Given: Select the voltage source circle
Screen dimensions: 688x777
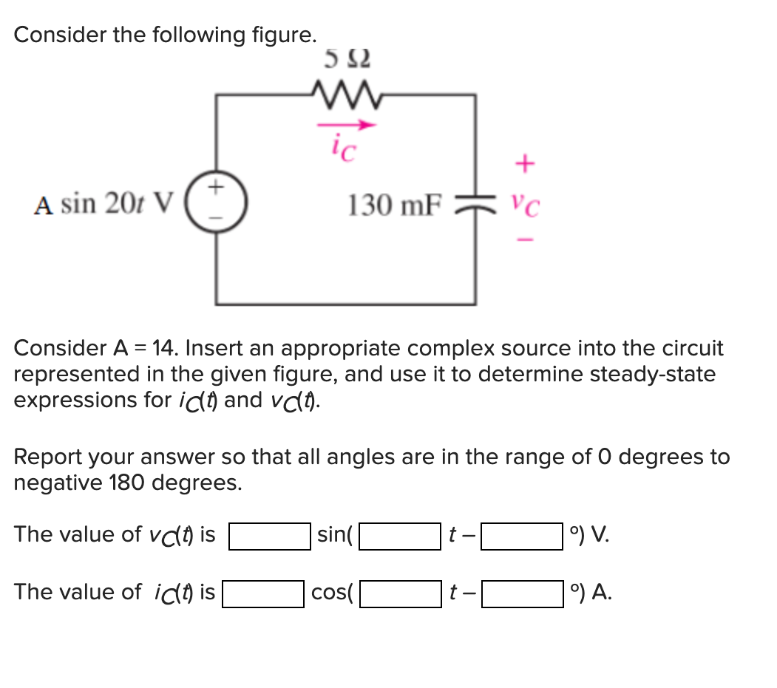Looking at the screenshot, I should click(217, 200).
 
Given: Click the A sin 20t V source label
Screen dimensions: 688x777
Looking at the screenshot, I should click(104, 203).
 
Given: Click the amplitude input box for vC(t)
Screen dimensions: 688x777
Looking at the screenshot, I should click(269, 536).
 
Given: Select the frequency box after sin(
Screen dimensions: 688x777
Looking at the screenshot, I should click(399, 536).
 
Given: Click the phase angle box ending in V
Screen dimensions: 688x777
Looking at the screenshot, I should click(522, 536).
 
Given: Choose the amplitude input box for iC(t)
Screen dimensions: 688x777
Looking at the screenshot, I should click(263, 593).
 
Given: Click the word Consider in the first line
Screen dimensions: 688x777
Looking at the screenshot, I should click(58, 35).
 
